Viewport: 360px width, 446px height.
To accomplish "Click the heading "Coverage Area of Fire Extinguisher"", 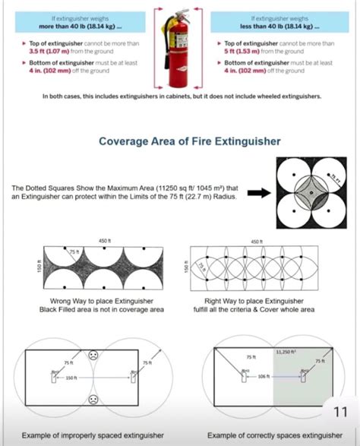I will click(179, 141).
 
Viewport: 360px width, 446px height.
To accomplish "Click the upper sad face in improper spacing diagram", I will click(92, 355).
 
